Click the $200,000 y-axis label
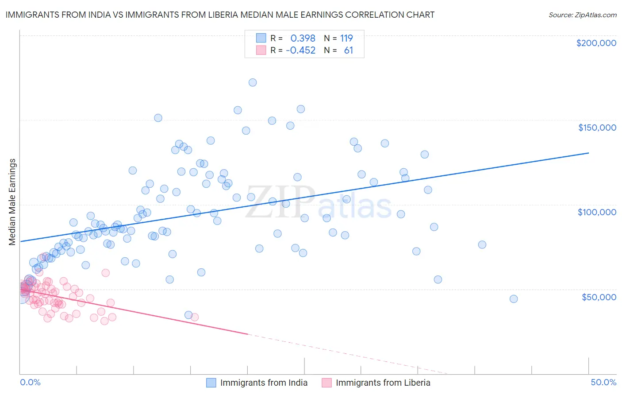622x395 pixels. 596,43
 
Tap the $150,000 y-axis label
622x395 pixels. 597,128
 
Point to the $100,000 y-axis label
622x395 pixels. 597,212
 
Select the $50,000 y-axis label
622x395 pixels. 599,297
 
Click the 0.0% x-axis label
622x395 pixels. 30,382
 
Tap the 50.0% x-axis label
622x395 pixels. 603,382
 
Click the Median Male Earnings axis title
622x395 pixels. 12,201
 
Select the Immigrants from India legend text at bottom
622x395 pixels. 264,383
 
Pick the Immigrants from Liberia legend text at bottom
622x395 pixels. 383,383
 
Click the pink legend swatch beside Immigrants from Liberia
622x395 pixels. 326,383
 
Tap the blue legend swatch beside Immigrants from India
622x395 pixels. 211,383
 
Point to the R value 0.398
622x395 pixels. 303,39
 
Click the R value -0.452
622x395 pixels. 300,50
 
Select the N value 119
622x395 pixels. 346,39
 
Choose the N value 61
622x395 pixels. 349,50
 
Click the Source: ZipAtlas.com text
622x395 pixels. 582,15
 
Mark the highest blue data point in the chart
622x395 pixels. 253,82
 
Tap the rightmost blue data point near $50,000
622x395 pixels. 514,299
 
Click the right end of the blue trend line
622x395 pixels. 588,153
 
